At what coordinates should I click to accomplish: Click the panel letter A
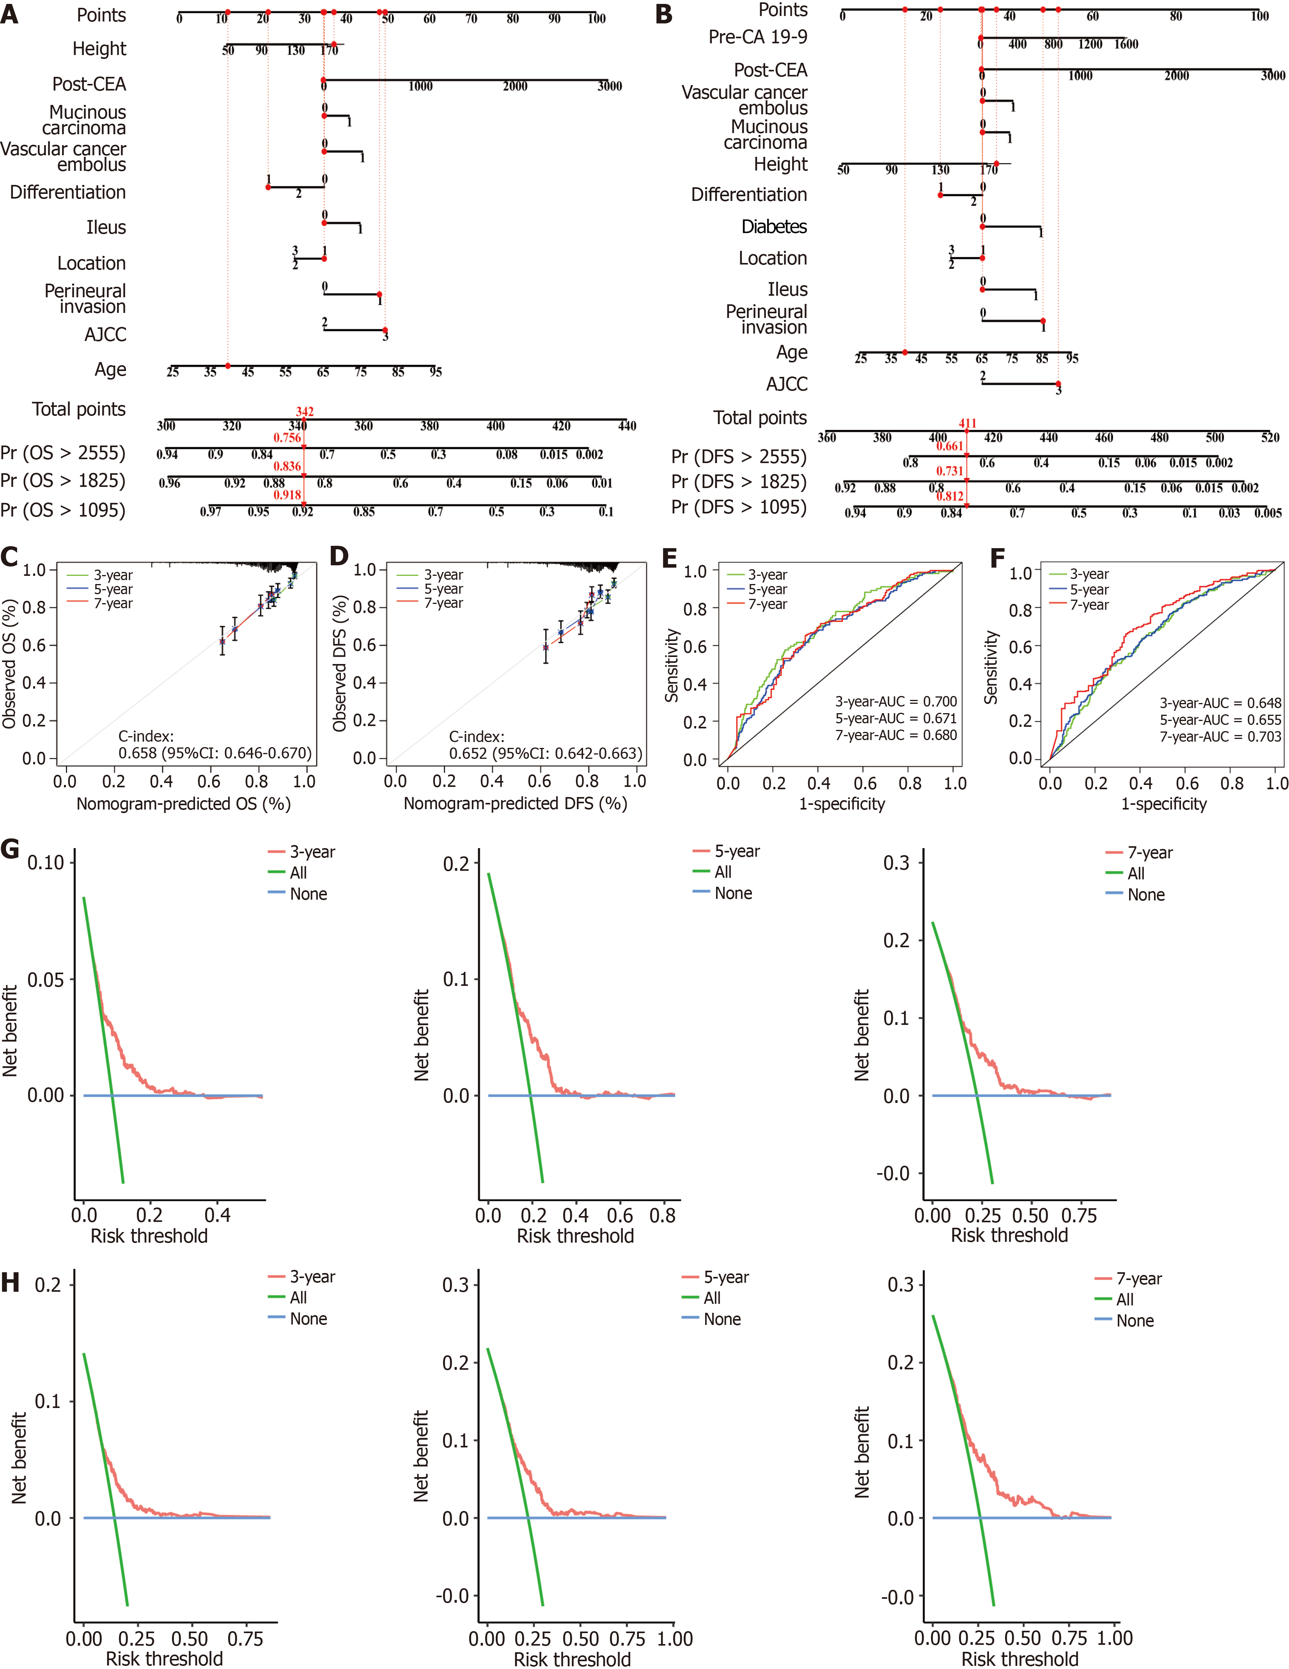coord(10,14)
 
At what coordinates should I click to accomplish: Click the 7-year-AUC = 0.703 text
coord(1220,737)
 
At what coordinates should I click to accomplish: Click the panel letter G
coord(10,849)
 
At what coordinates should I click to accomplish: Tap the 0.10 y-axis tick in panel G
coord(46,863)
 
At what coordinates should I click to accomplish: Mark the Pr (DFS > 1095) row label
coord(738,508)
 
